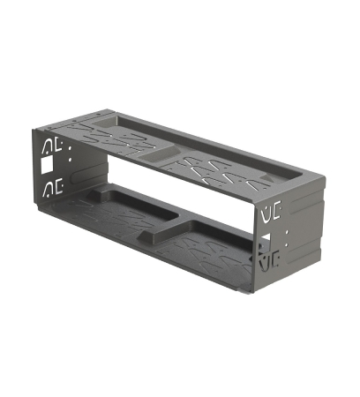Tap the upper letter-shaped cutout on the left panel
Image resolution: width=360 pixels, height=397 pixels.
click(x=49, y=145)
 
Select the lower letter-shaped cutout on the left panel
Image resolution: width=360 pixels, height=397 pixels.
click(x=49, y=188)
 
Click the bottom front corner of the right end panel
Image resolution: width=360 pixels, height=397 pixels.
click(x=258, y=288)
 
